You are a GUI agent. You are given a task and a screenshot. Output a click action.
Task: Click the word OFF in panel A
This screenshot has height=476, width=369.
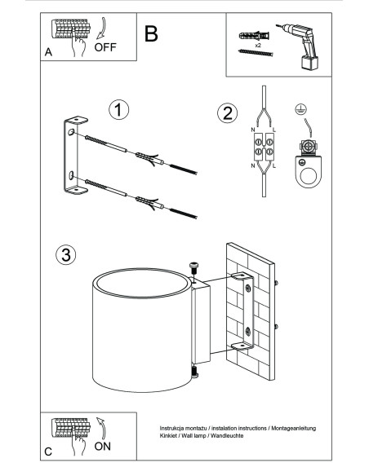(x=105, y=47)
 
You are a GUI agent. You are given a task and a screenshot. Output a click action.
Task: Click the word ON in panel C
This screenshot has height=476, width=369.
(x=102, y=447)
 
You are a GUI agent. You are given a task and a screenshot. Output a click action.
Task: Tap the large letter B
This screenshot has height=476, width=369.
(x=151, y=33)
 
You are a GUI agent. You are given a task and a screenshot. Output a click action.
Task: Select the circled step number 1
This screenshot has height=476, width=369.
(x=119, y=109)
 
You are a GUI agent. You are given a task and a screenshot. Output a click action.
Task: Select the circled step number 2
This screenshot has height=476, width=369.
(x=227, y=113)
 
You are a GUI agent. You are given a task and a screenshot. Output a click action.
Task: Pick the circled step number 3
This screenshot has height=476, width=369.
(x=65, y=254)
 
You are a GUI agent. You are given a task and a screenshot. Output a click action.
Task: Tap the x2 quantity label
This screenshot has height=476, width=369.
(x=258, y=45)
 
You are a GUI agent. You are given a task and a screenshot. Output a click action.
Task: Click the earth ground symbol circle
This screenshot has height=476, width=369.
(x=301, y=109)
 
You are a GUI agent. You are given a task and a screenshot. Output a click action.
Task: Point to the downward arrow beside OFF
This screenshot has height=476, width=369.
(x=101, y=29)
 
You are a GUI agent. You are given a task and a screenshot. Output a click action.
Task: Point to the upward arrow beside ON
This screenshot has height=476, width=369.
(x=101, y=429)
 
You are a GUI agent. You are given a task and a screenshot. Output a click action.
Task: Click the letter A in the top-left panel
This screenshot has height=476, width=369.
(x=48, y=52)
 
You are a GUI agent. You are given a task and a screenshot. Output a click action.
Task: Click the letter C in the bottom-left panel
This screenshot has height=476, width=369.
(x=48, y=452)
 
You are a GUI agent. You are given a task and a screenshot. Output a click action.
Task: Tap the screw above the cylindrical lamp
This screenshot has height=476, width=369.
(x=193, y=268)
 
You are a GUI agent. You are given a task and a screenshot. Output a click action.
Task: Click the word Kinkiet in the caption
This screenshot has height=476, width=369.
(x=167, y=435)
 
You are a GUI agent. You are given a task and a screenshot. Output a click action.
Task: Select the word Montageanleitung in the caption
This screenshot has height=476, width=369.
(x=294, y=429)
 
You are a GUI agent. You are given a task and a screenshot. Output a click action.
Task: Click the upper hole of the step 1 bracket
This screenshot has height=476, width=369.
(x=71, y=132)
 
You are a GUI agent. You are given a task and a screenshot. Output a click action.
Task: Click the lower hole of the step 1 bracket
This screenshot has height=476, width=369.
(x=71, y=175)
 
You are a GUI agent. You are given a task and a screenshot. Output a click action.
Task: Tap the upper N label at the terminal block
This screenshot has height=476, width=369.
(x=253, y=130)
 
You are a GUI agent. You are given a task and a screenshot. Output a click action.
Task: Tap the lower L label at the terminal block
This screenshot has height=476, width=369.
(x=274, y=165)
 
